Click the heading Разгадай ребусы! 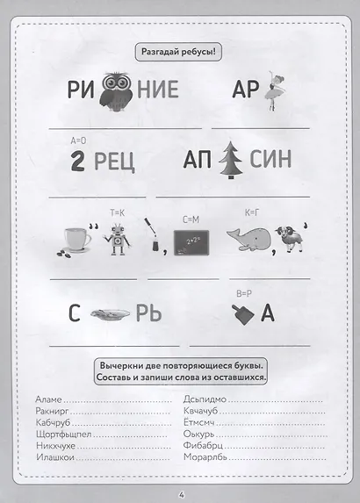(x=179, y=52)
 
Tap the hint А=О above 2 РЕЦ (x=77, y=140)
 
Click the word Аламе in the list (x=51, y=399)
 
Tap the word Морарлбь (x=205, y=456)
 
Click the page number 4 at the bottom (x=180, y=492)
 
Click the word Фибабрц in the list (x=204, y=445)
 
